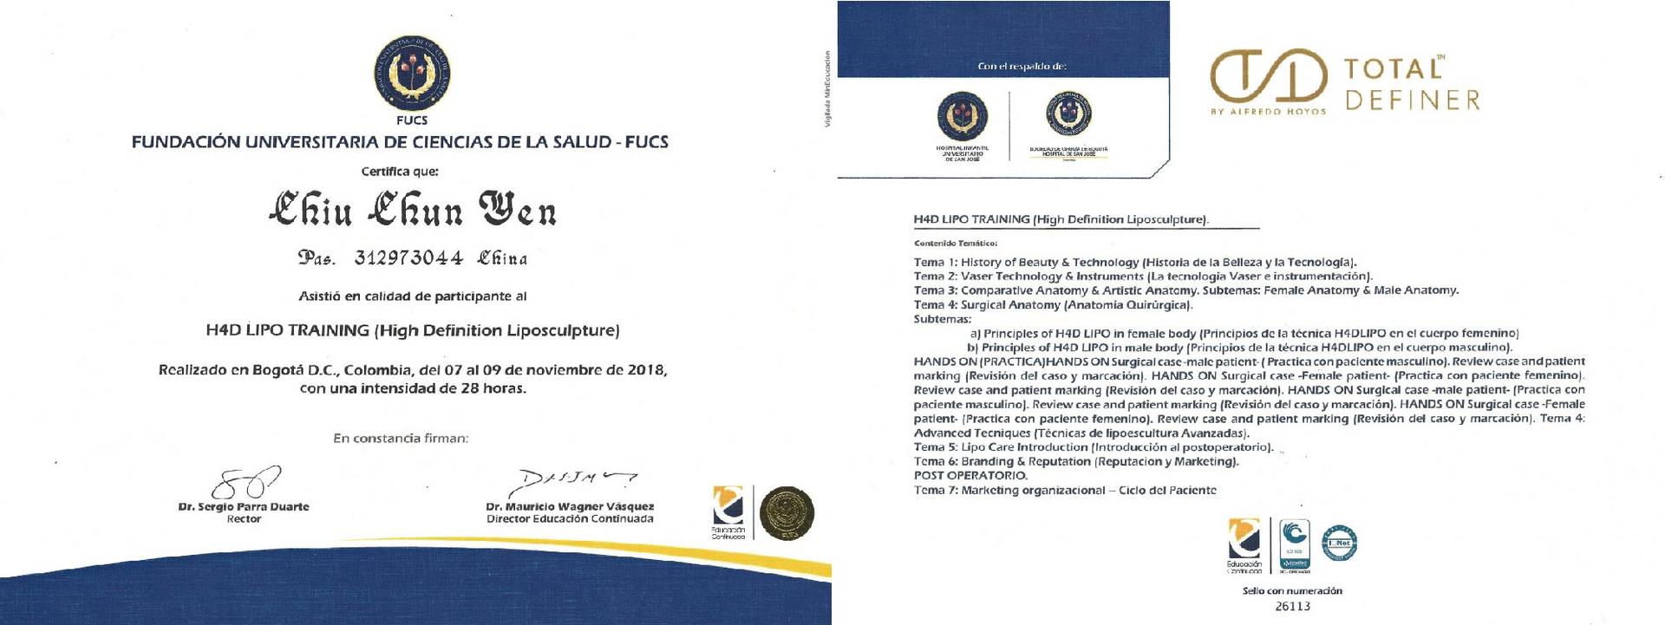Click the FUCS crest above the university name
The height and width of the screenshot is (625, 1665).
[412, 75]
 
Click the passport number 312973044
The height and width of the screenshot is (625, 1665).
[408, 258]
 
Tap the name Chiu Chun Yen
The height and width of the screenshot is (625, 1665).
[413, 211]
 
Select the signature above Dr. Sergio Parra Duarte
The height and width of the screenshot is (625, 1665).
[245, 482]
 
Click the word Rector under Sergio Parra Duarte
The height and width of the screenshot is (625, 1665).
[244, 519]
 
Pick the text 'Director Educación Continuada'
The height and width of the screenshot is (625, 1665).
[570, 519]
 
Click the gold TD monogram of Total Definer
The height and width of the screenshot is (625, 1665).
[1269, 81]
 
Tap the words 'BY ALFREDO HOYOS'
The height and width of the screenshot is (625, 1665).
[1267, 112]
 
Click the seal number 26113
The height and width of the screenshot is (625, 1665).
[1292, 606]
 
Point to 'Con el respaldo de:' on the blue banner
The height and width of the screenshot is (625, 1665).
[1022, 67]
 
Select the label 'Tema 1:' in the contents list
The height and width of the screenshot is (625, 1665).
[935, 263]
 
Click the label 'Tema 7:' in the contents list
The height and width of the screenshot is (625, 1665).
[935, 491]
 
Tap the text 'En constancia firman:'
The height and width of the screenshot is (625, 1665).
[401, 439]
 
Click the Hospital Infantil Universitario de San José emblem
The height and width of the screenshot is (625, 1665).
[962, 117]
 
